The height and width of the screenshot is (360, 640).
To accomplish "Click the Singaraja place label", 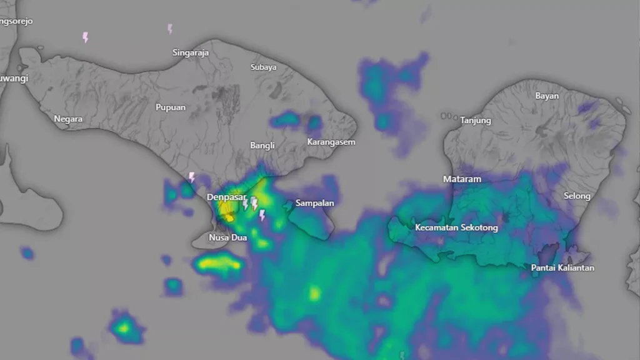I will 191,52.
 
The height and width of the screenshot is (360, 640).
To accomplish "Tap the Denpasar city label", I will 226,197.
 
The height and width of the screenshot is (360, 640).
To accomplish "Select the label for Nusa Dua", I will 227,237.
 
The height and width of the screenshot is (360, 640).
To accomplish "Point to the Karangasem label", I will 331,142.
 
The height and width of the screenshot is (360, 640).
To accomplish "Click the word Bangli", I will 262,145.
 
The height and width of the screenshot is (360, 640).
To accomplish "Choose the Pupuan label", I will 171,107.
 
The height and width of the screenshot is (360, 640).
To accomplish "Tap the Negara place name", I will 68,118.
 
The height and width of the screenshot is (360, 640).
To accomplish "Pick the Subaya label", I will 263,67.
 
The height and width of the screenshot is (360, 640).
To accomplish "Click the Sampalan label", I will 314,203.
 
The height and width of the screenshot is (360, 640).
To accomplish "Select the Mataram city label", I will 462,179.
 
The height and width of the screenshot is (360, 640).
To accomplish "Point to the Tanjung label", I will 476,120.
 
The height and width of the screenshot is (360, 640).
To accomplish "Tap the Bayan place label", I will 547,96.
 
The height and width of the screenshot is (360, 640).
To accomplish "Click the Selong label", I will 577,196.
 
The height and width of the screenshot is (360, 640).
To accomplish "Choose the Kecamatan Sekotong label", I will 456,227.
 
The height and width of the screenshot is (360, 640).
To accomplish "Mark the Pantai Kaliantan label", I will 562,267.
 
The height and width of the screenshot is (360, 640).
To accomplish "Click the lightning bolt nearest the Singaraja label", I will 169,29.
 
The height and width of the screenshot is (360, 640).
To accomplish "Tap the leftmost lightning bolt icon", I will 85,37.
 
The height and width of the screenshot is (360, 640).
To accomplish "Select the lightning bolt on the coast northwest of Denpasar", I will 192,177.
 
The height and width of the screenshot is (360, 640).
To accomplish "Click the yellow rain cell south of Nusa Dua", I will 218,265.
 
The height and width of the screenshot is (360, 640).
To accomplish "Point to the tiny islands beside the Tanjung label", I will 447,116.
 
